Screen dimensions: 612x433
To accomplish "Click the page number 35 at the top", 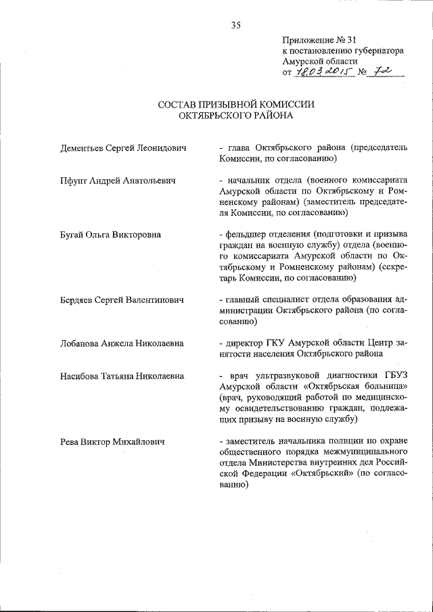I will (x=236, y=26).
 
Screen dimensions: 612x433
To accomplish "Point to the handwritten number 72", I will (x=385, y=71).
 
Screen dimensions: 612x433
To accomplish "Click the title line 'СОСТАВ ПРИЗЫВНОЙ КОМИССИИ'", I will (x=237, y=105).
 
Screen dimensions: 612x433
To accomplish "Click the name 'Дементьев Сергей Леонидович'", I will (x=122, y=147).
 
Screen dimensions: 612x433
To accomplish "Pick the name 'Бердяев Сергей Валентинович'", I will (x=123, y=300).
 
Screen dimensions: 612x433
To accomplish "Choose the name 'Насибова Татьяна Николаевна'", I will (x=122, y=376).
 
